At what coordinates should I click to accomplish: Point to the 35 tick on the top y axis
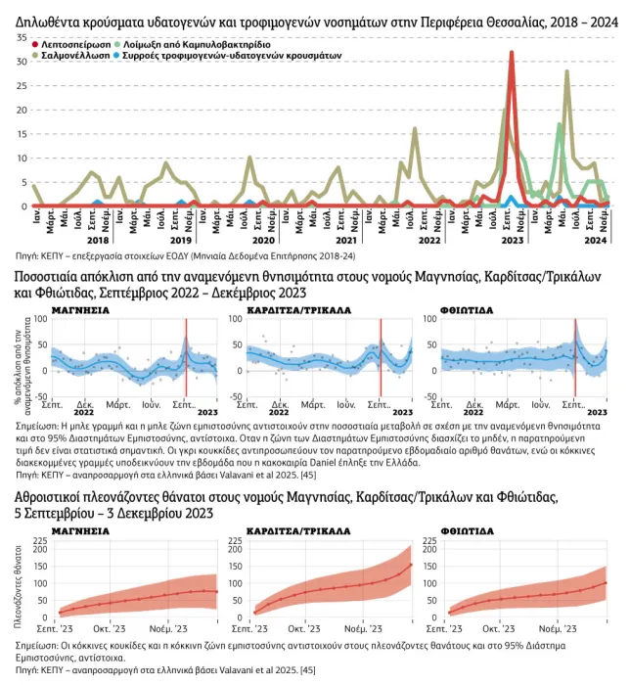(22, 37)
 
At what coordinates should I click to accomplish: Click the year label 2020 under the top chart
(263, 239)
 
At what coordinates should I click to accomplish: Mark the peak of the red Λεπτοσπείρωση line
(513, 53)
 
